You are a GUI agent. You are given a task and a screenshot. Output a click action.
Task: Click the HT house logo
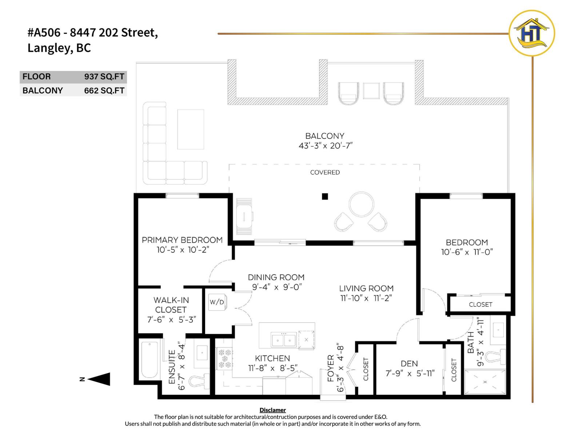click(531, 33)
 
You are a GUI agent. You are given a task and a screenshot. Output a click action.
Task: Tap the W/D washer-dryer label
click(217, 302)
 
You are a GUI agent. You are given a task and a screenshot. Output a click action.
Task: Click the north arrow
click(99, 379)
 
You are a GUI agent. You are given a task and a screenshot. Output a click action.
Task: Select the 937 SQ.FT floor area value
click(104, 77)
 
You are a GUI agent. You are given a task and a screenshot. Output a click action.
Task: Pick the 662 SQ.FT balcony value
click(104, 91)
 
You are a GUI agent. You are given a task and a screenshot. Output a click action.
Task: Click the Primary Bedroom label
click(182, 240)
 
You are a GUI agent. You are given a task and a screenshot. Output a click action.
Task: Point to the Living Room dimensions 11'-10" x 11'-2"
click(366, 298)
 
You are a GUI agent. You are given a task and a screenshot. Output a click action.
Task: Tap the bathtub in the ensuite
click(150, 360)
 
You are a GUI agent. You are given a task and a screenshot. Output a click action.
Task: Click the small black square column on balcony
click(325, 197)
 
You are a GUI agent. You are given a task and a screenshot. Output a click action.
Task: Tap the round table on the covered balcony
click(361, 204)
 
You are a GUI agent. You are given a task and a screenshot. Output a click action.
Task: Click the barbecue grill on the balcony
click(244, 217)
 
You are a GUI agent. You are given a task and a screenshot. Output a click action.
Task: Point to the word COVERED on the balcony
click(325, 172)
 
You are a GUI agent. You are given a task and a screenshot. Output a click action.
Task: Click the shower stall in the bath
click(485, 382)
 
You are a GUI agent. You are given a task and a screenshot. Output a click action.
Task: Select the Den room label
click(409, 363)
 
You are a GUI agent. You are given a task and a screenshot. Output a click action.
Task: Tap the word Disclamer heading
click(272, 410)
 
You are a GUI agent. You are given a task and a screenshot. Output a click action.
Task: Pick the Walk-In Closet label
click(171, 305)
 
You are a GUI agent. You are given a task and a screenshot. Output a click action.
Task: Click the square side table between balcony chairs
click(371, 91)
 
